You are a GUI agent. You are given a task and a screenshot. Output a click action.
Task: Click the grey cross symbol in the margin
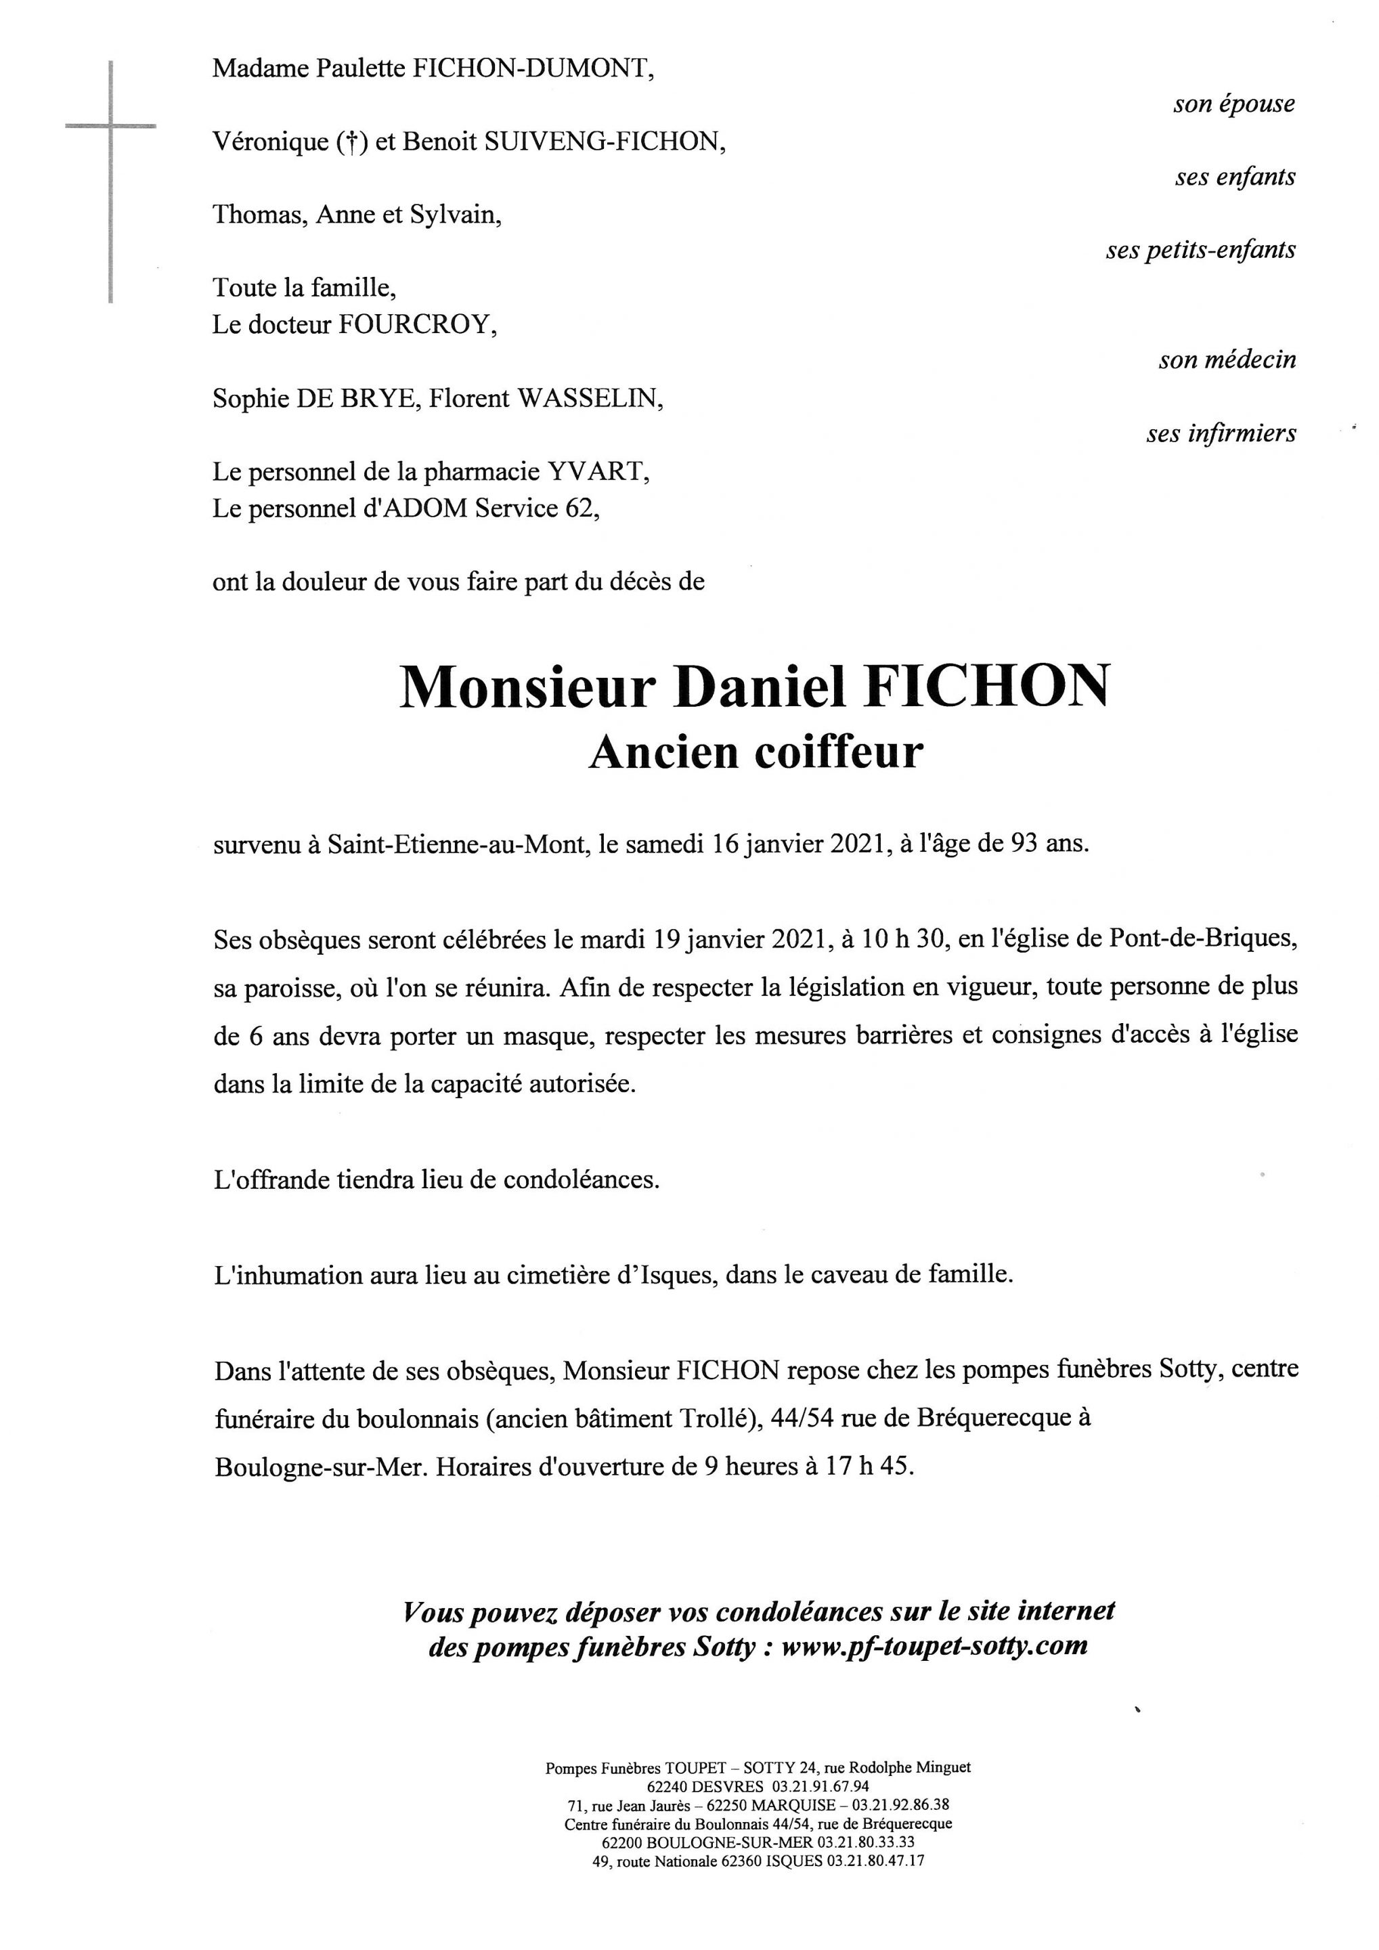tap(111, 127)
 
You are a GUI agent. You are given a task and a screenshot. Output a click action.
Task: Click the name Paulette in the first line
tap(360, 69)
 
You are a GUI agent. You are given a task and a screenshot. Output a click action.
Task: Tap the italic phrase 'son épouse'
tap(1234, 104)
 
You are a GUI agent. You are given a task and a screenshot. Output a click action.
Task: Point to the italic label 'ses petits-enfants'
tap(1200, 251)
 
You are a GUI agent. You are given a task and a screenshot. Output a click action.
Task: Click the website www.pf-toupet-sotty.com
tap(934, 1647)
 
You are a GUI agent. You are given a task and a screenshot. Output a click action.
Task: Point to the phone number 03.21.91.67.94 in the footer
tap(820, 1787)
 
